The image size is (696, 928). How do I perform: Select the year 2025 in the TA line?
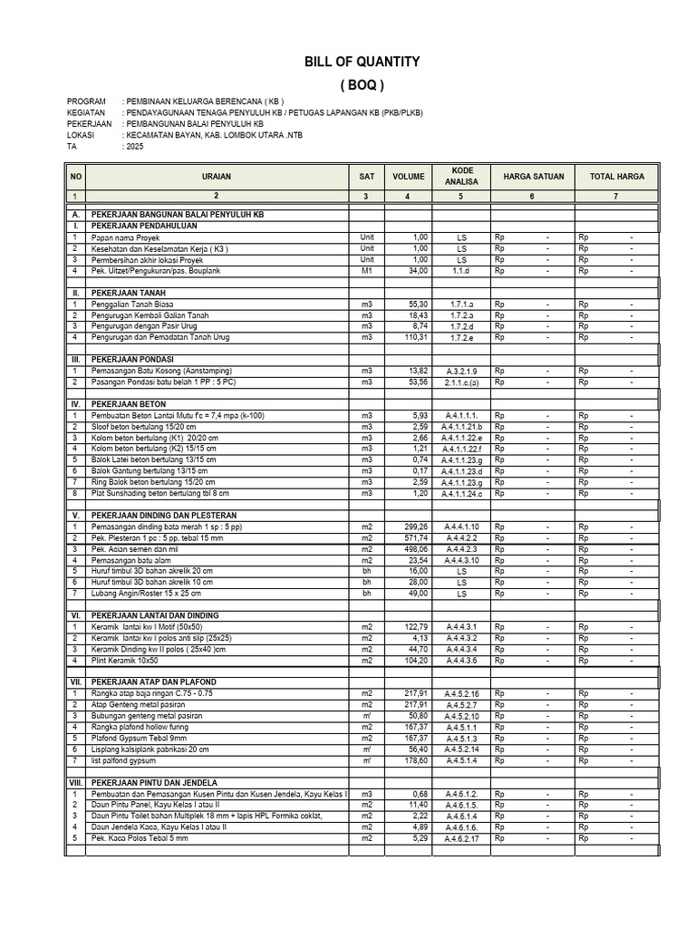pyautogui.click(x=134, y=145)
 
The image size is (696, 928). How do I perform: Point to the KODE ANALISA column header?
pyautogui.click(x=461, y=176)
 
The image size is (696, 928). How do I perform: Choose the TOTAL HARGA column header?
pyautogui.click(x=617, y=177)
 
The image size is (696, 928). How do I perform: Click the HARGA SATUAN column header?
pyautogui.click(x=532, y=177)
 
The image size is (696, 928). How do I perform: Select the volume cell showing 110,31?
pyautogui.click(x=414, y=337)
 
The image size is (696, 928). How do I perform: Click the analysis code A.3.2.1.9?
pyautogui.click(x=461, y=372)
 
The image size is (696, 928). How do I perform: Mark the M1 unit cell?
pyautogui.click(x=366, y=270)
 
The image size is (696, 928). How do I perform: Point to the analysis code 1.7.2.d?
pyautogui.click(x=461, y=326)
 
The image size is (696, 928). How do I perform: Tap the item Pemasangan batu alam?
pyautogui.click(x=131, y=560)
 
